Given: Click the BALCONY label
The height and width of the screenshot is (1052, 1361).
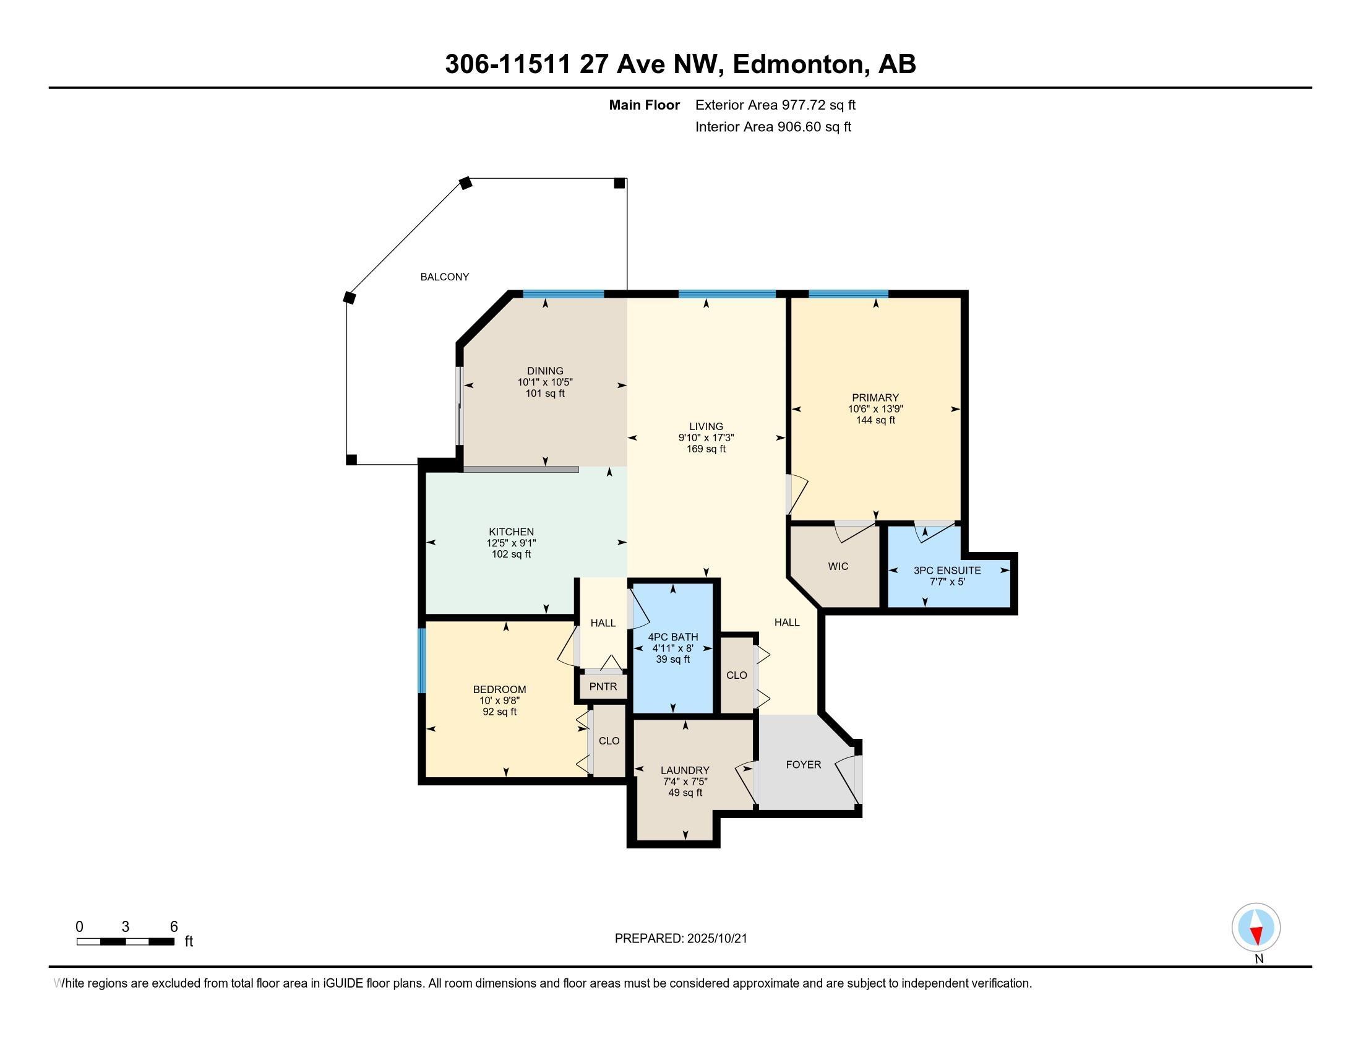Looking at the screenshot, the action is tap(444, 277).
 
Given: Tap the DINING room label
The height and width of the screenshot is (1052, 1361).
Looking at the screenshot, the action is tap(544, 371).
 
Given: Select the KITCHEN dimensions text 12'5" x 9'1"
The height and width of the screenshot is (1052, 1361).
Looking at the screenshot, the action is tap(511, 543).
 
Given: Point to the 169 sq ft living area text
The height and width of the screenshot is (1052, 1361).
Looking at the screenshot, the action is tap(706, 449).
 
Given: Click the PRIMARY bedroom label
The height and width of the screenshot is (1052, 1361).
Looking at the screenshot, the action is tap(875, 398).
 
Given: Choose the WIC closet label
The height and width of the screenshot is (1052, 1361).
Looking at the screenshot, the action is tap(838, 566).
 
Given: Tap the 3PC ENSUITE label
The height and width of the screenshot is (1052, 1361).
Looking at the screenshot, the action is tap(947, 571).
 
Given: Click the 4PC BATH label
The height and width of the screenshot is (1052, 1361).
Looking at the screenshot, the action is tap(673, 637).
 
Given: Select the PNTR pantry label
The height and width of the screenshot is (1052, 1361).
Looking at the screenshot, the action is tap(603, 686).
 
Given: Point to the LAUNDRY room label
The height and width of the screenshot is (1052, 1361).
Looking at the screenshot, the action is tap(685, 770).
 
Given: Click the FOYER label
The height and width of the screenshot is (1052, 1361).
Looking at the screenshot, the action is tap(803, 765).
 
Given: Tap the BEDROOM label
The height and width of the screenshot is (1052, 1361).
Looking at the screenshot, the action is tap(499, 689).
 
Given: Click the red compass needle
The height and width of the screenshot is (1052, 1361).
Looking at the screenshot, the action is tap(1256, 936).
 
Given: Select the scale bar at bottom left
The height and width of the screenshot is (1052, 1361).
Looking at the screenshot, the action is tap(125, 941).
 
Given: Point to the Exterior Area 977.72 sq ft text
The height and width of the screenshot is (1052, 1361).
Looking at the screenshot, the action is tap(775, 105).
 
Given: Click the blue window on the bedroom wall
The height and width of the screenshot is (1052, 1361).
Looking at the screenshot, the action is tap(422, 661).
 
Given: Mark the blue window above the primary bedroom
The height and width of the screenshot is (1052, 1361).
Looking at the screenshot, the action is tap(848, 294).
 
